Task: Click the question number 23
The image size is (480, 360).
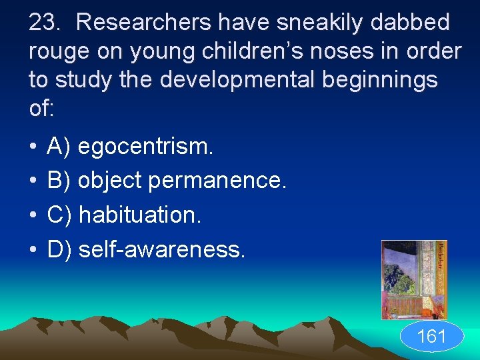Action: click(x=45, y=23)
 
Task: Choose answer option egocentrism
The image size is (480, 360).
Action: click(x=146, y=147)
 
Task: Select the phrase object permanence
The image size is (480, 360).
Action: click(x=182, y=181)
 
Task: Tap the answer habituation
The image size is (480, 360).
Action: click(x=139, y=215)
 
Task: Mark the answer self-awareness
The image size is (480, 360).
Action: click(x=162, y=249)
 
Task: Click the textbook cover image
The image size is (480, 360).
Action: click(x=413, y=279)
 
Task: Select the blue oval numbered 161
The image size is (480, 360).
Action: click(x=431, y=337)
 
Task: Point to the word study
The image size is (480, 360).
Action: click(x=85, y=80)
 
